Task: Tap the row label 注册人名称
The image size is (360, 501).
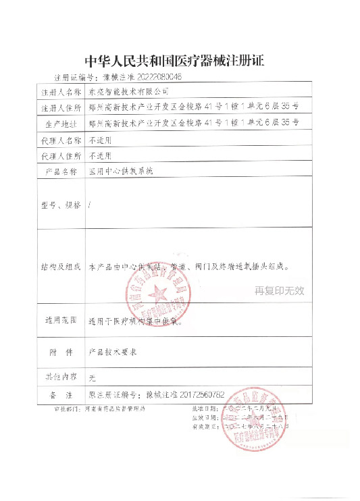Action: (61, 90)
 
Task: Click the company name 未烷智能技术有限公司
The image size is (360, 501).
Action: (127, 90)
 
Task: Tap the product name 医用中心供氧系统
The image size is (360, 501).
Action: (122, 172)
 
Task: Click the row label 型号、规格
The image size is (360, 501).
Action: (61, 204)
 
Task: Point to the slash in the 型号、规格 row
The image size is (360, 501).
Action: (91, 204)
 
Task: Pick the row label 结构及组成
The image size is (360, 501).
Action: (61, 267)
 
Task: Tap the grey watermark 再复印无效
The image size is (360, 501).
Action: (280, 292)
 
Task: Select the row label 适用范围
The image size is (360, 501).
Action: (61, 321)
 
